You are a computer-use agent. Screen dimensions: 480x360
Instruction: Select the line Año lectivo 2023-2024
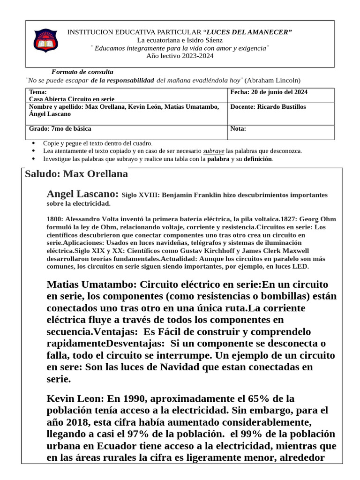click(180, 56)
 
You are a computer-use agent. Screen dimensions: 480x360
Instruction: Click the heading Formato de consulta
click(82, 72)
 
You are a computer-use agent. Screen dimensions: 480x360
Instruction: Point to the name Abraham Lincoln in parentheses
click(272, 80)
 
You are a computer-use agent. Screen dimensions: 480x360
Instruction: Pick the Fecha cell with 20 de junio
click(269, 92)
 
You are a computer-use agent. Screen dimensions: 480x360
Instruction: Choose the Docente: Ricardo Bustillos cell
click(268, 107)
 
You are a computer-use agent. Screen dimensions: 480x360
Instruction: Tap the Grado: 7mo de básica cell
click(60, 128)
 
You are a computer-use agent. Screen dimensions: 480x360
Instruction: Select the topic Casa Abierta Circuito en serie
click(72, 99)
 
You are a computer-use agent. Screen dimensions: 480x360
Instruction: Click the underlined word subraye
click(213, 151)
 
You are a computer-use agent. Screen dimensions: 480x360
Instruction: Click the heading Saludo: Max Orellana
click(76, 174)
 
